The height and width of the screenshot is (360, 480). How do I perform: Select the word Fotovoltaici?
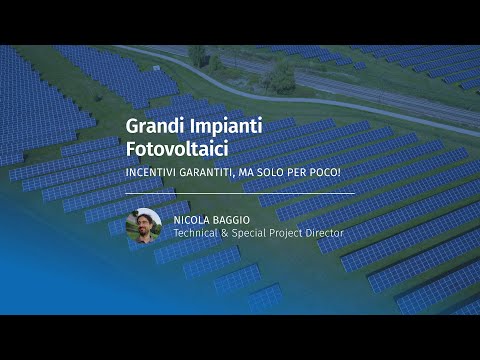[x=176, y=149]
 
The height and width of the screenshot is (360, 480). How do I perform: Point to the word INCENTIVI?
[x=152, y=173]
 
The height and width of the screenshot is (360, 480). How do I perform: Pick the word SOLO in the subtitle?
[x=279, y=173]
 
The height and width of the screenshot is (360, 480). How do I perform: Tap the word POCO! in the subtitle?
[x=333, y=173]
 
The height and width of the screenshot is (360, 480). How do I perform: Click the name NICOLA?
[x=192, y=219]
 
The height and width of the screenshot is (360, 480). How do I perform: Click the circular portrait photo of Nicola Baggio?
[x=144, y=226]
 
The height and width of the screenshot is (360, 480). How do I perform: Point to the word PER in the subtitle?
[x=306, y=173]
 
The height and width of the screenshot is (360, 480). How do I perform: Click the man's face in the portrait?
[x=144, y=222]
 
